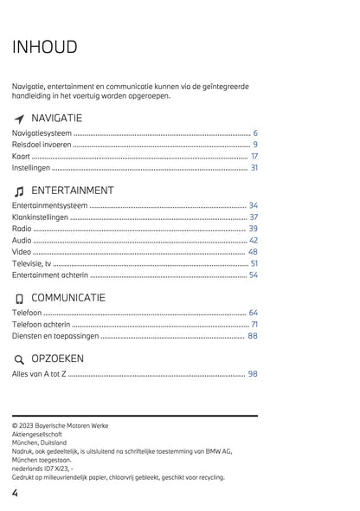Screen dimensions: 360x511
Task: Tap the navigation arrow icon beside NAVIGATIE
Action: coord(19,119)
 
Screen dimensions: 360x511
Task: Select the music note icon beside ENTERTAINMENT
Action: coord(19,191)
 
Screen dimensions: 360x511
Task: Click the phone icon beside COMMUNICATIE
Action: coord(19,299)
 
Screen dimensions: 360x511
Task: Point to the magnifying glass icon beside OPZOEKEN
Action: coord(19,359)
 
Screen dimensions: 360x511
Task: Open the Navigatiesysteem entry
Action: coord(42,133)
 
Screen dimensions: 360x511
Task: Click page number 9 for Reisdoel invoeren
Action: coord(255,145)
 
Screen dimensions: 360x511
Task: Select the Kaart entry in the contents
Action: coord(21,156)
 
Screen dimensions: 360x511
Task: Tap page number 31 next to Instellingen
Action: coord(254,167)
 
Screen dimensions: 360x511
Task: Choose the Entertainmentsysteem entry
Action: coord(50,205)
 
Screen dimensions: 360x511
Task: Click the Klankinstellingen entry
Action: coord(40,217)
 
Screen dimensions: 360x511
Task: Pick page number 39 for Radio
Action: coord(253,228)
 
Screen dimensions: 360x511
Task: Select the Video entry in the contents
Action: coord(22,251)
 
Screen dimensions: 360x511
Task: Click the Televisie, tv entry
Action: coord(31,262)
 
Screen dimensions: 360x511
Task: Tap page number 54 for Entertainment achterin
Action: coord(253,275)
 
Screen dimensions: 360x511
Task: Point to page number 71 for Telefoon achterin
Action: coord(254,324)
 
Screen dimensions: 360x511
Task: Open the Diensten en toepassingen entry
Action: coord(55,335)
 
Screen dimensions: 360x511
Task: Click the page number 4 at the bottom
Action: coord(16,493)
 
